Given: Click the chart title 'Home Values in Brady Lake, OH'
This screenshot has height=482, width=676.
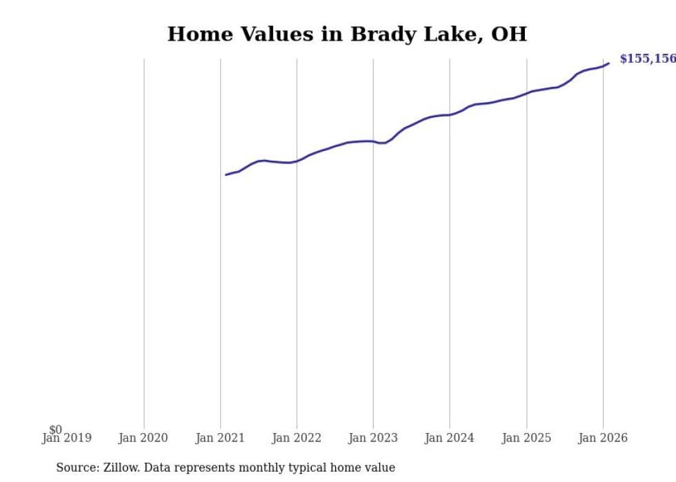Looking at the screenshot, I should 347,34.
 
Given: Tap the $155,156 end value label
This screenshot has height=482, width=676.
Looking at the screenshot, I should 647,59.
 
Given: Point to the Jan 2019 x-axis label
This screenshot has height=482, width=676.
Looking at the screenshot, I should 66,439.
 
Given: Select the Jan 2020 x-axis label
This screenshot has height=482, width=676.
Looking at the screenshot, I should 143,439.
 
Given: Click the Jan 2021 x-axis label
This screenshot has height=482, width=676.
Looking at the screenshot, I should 220,439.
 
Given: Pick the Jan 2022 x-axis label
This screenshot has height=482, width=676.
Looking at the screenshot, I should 297,439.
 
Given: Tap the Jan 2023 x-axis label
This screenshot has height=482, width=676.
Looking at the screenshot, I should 373,439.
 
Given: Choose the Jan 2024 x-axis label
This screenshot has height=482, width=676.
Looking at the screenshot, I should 450,439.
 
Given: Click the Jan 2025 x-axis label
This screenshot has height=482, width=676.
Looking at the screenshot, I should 526,439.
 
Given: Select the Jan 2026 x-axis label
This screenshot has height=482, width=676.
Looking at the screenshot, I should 603,439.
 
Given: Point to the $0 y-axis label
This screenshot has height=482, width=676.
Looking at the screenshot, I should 55,430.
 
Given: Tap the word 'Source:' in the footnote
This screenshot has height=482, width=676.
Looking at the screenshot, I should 77,468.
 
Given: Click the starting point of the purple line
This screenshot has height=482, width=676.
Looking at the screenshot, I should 226,174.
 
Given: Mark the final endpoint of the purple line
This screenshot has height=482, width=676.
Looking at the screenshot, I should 608,63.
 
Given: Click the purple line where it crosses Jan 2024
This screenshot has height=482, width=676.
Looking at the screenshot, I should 450,114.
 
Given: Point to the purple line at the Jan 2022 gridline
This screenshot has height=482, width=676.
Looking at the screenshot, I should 297,161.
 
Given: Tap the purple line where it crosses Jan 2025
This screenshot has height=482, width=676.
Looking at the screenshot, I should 526,92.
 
